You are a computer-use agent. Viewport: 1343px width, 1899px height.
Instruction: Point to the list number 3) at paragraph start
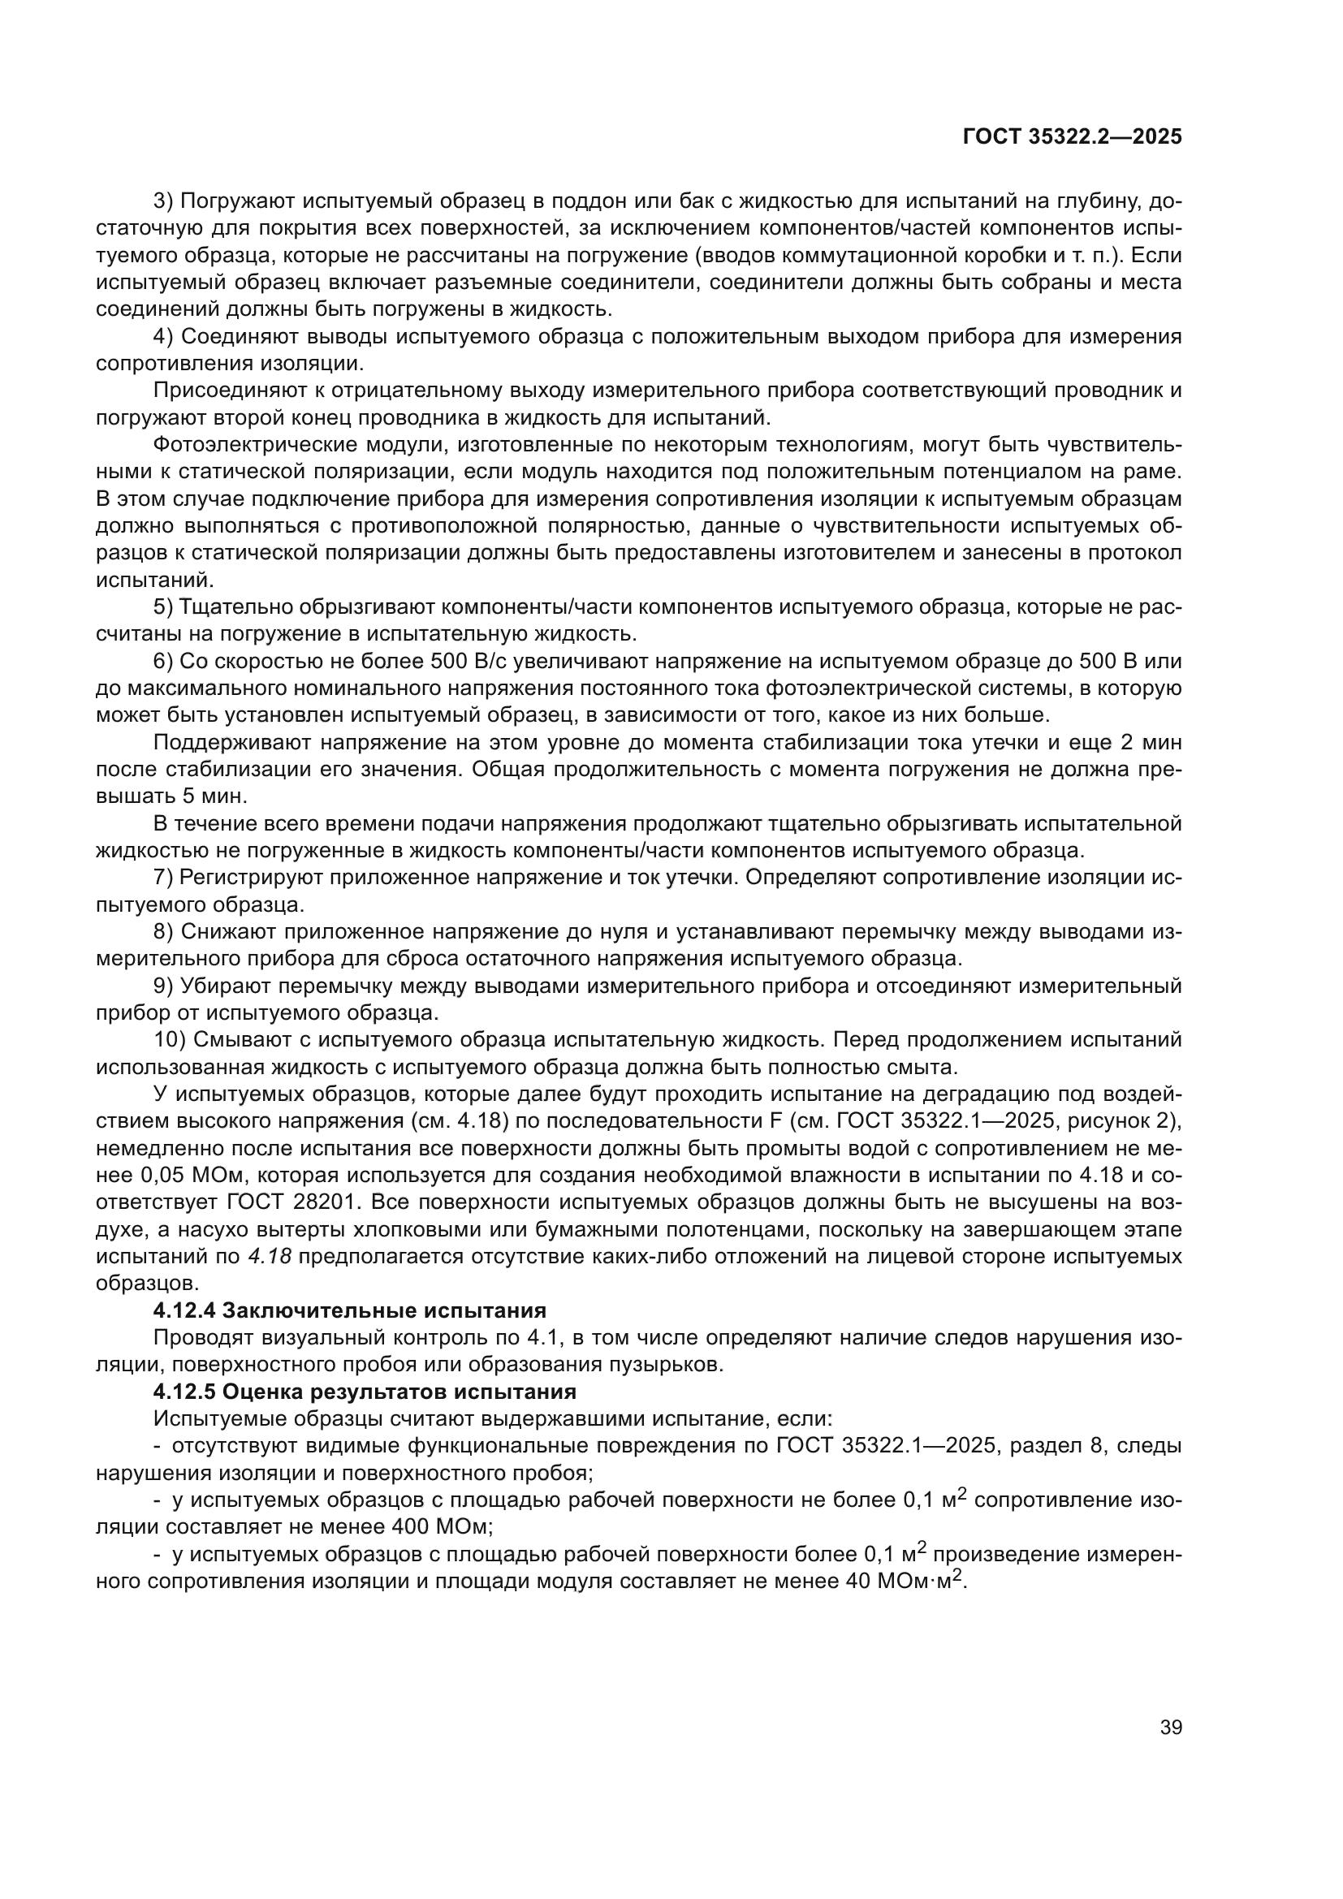(164, 201)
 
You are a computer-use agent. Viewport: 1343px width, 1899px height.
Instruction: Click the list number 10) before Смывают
(171, 1040)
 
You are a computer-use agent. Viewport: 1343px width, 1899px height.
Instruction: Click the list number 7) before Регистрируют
(164, 877)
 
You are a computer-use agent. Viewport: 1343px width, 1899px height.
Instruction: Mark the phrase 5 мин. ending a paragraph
(218, 796)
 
